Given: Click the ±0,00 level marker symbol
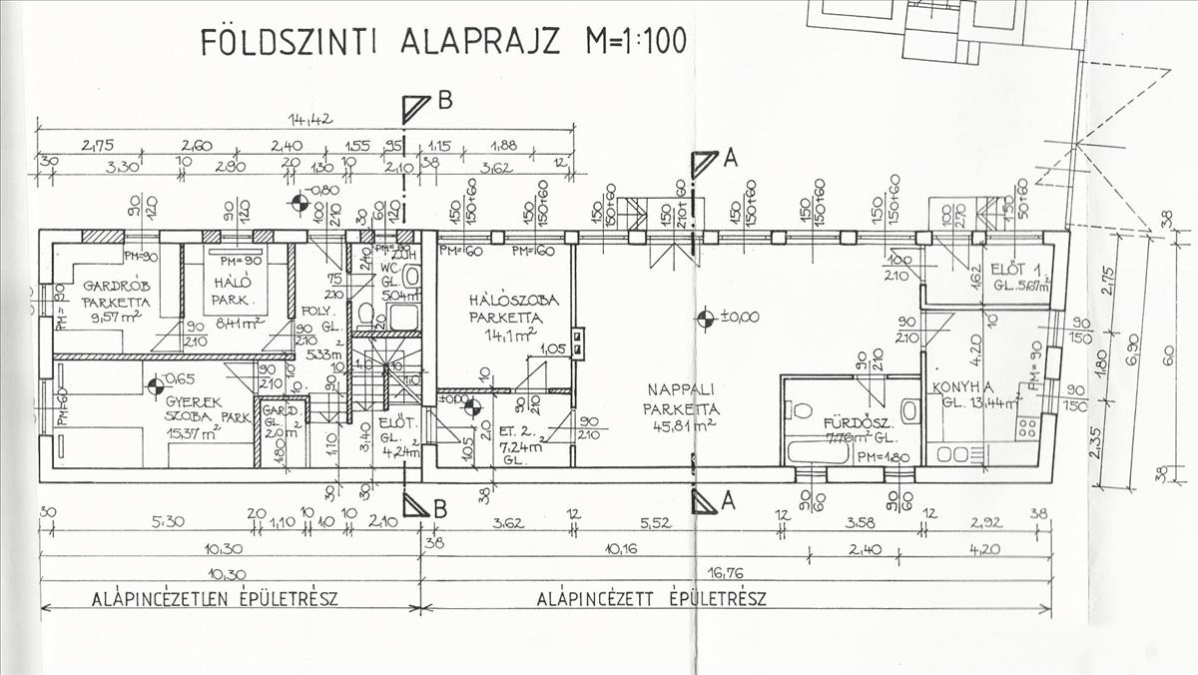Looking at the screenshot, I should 705,319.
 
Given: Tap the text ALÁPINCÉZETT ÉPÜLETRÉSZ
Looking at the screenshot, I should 651,600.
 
